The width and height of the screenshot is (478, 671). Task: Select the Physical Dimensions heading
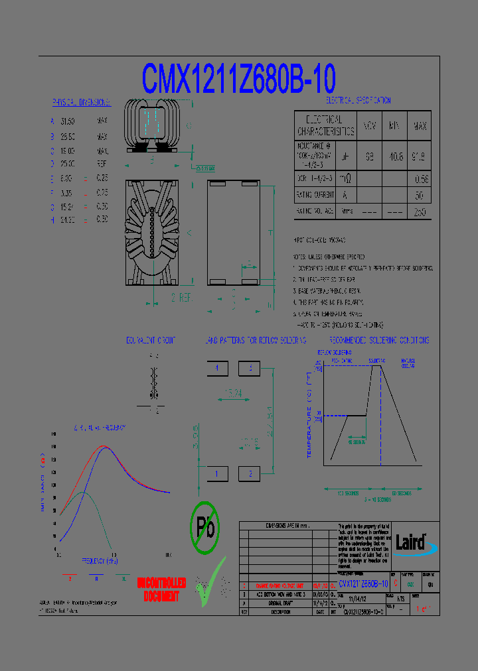(81, 103)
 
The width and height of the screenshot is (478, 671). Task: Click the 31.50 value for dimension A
(68, 122)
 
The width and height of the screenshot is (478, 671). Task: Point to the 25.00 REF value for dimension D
(68, 163)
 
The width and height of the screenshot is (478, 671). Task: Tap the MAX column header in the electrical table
(420, 125)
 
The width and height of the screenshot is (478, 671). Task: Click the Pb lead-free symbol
(204, 527)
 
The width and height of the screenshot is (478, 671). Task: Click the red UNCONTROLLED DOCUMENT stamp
(161, 589)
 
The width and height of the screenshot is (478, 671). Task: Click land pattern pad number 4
(217, 368)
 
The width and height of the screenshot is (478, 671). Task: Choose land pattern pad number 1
(217, 473)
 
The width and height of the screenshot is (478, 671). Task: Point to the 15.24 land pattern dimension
(234, 393)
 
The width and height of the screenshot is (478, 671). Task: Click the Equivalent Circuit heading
(151, 340)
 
